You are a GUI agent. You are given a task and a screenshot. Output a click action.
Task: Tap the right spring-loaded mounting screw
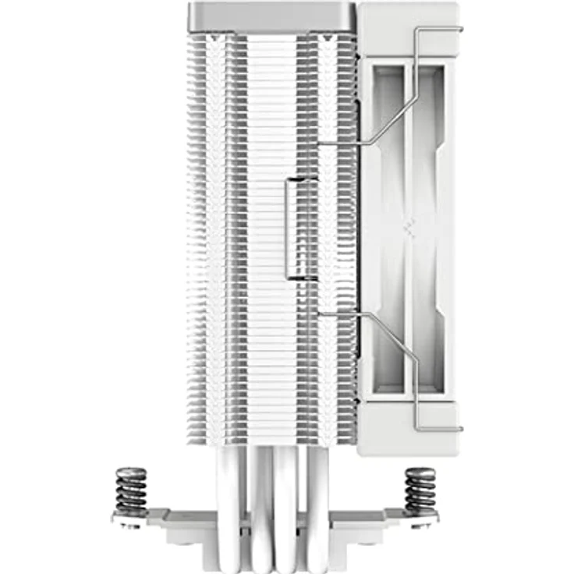[x=421, y=491]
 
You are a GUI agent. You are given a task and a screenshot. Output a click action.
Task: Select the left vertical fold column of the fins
[x=226, y=234]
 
